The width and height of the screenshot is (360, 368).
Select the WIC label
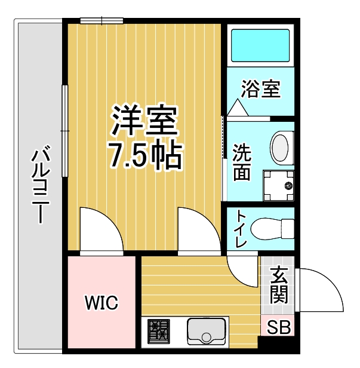pos(101,303)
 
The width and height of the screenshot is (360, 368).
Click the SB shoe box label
pos(279,327)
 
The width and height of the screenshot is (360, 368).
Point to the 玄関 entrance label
pos(279,284)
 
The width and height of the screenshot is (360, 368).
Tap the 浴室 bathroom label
pos(261,89)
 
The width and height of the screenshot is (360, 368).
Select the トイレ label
pos(241,229)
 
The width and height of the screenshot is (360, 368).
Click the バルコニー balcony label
pos(41,185)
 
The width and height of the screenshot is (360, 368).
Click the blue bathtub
pos(260,45)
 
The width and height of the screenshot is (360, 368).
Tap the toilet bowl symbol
pos(272,229)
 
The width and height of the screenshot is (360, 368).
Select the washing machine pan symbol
pos(279,185)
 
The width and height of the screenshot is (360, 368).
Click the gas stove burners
pos(159,331)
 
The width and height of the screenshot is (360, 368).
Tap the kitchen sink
pos(207,332)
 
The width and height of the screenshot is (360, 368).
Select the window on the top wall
pos(101,21)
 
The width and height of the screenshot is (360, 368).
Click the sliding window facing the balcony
pos(64,131)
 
